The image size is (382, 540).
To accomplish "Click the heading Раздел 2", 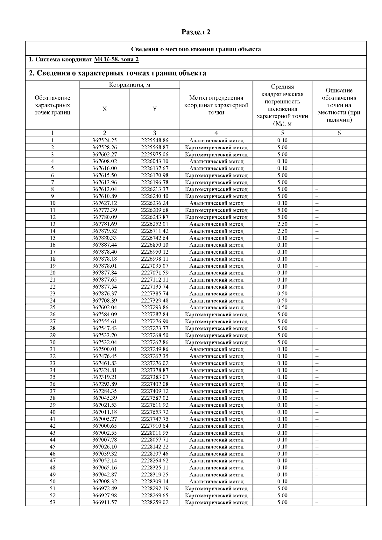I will tap(196, 32).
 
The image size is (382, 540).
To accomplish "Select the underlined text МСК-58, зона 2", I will tap(116, 60).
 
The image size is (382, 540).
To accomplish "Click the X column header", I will tap(104, 109).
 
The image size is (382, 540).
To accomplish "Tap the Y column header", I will tap(155, 109).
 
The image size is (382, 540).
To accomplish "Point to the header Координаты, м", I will tap(130, 85).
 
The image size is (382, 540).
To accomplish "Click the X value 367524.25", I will tap(104, 140).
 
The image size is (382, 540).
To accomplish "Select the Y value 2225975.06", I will tap(155, 154).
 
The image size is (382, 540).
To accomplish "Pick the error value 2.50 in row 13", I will tap(282, 224).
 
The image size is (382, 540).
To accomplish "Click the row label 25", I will tap(53, 307).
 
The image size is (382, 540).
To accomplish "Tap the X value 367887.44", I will tap(104, 245).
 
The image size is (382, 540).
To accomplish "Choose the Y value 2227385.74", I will tap(155, 294).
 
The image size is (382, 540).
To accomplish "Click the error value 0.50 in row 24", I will tap(282, 301).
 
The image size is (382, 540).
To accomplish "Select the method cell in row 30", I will tap(216, 342).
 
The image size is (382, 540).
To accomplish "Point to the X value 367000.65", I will tap(104, 426).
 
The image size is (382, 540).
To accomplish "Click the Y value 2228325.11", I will tap(155, 468).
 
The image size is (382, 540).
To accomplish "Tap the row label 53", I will tap(53, 502).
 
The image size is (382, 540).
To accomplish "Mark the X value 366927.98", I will tap(104, 495).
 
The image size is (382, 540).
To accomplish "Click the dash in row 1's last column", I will tap(317, 140).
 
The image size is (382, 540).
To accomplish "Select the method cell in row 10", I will tap(216, 203).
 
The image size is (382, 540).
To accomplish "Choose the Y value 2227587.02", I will tap(155, 398).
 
